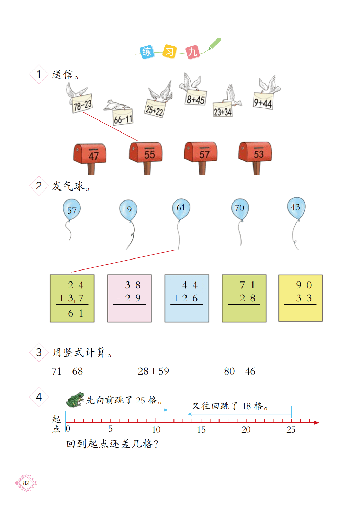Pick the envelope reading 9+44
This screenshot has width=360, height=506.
(x=263, y=101)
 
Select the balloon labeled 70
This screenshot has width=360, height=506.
(x=240, y=208)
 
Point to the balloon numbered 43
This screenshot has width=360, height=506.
(x=296, y=207)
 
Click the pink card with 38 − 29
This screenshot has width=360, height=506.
(x=130, y=298)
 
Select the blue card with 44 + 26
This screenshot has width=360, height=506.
(x=187, y=298)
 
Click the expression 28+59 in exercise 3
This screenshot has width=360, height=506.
(x=153, y=371)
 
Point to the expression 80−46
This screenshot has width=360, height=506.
(x=239, y=371)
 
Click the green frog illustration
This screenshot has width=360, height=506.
(x=76, y=400)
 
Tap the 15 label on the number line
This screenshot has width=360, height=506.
(x=201, y=430)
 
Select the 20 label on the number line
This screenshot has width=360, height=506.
(x=246, y=430)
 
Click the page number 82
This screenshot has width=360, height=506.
(x=26, y=483)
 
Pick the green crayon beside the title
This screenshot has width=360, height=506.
(x=214, y=44)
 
